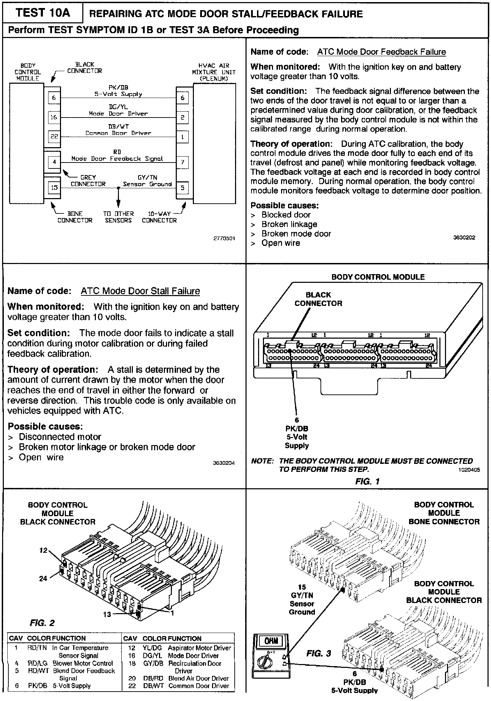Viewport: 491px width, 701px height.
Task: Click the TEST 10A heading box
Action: click(x=43, y=13)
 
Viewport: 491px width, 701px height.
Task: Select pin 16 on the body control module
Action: click(x=54, y=117)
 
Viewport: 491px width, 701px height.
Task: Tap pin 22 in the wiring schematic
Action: click(x=54, y=136)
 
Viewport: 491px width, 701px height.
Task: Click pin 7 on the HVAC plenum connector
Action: click(x=182, y=162)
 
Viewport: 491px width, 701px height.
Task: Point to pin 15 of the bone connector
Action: click(x=54, y=188)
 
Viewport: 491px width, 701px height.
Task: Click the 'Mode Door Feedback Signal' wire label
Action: click(x=117, y=159)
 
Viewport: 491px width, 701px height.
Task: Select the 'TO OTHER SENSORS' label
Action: click(x=118, y=217)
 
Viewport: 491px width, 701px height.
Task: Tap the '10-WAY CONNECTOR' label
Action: click(x=159, y=217)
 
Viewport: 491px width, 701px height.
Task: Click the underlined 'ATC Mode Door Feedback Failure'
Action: click(x=382, y=52)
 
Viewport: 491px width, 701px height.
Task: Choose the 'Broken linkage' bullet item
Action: click(x=289, y=224)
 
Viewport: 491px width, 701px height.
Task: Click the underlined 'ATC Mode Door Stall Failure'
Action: click(x=140, y=291)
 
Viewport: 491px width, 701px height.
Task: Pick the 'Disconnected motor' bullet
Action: click(x=60, y=437)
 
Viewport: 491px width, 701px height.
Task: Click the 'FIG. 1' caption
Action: click(x=367, y=481)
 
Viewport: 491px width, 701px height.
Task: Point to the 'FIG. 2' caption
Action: click(x=42, y=623)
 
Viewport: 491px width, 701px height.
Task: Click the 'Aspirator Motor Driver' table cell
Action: click(x=199, y=648)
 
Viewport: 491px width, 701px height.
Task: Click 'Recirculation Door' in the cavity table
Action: click(x=195, y=663)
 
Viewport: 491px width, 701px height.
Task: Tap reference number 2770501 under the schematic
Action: click(x=224, y=239)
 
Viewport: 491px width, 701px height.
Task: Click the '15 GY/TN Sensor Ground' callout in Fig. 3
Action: click(x=302, y=600)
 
